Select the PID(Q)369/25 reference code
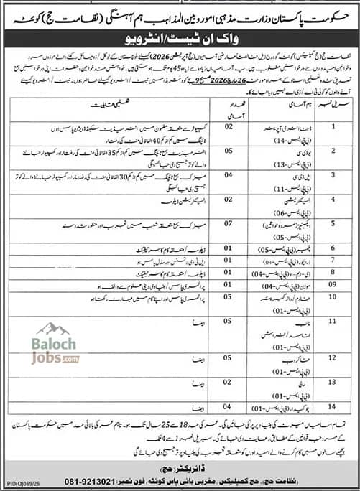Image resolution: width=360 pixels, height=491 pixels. pyautogui.click(x=19, y=485)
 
